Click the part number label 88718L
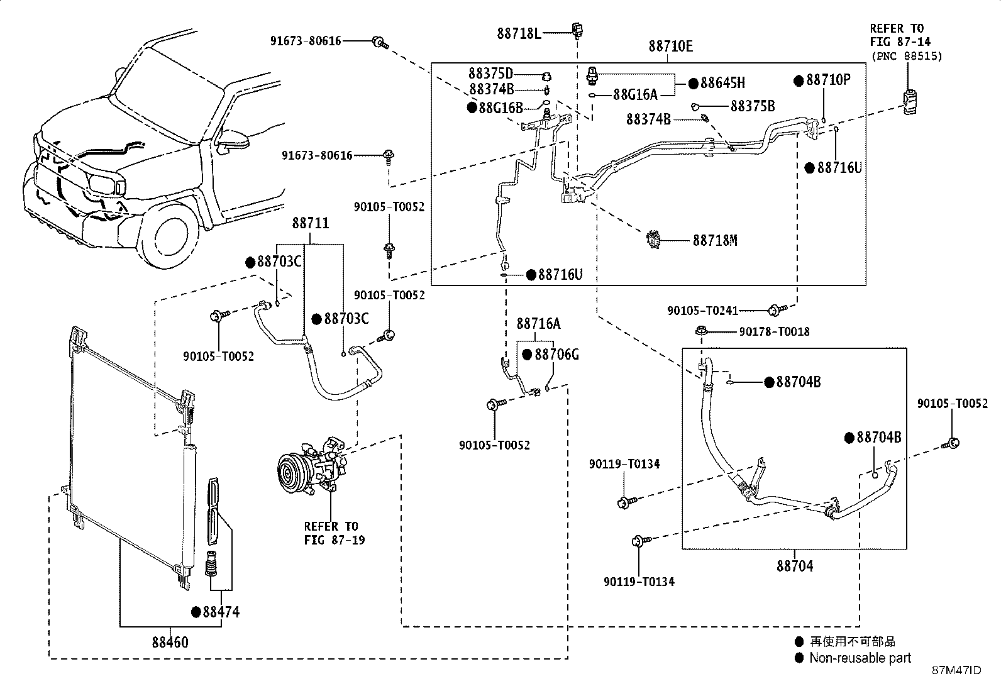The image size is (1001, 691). coord(519,33)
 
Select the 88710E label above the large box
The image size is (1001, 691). coord(671,46)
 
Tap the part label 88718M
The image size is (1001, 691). coord(715,240)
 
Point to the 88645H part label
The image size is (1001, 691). coord(722,83)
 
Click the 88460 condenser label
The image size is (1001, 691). coord(170,643)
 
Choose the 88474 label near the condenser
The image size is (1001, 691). coord(221,612)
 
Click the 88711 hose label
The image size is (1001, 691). coord(311,223)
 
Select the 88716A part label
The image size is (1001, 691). coord(538,324)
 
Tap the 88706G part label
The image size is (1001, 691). coord(557,355)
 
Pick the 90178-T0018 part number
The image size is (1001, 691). coord(775,331)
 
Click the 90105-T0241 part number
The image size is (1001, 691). coord(703,311)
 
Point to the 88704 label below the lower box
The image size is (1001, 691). coord(795,566)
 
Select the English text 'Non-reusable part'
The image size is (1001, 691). coord(860,658)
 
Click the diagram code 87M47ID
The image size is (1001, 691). coord(957,670)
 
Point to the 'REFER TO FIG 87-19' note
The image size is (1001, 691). coord(335,533)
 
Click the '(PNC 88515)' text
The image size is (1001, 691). coord(907,57)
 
